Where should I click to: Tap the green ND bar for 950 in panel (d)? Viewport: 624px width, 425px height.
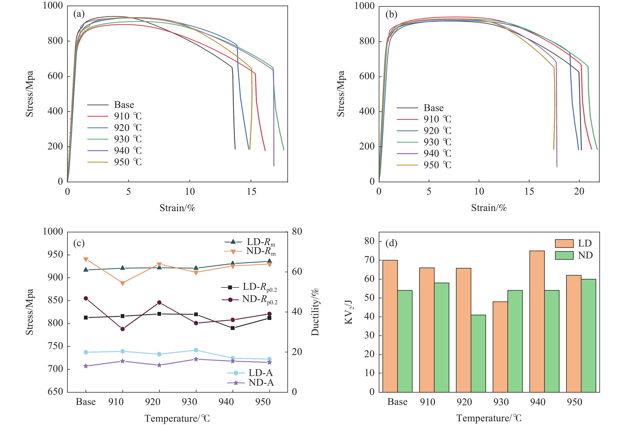(588, 336)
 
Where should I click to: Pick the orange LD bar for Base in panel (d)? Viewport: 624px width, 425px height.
(390, 326)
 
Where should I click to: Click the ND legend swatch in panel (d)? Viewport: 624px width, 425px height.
(564, 255)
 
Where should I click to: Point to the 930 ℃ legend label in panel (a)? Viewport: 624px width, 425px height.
(128, 139)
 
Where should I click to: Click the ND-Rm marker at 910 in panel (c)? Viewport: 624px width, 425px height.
(123, 283)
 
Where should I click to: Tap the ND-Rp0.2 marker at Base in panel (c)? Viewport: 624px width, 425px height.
(86, 298)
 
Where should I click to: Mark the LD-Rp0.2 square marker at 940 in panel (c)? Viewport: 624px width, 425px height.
(233, 328)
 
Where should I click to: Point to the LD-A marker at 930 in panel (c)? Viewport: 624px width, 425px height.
(196, 350)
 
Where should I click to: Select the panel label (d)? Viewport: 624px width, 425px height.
(391, 243)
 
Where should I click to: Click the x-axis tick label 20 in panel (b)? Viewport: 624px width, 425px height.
(579, 191)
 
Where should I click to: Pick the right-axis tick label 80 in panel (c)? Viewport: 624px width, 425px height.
(297, 231)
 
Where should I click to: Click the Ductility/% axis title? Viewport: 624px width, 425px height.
(315, 312)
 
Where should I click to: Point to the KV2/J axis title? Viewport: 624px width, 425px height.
(349, 312)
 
